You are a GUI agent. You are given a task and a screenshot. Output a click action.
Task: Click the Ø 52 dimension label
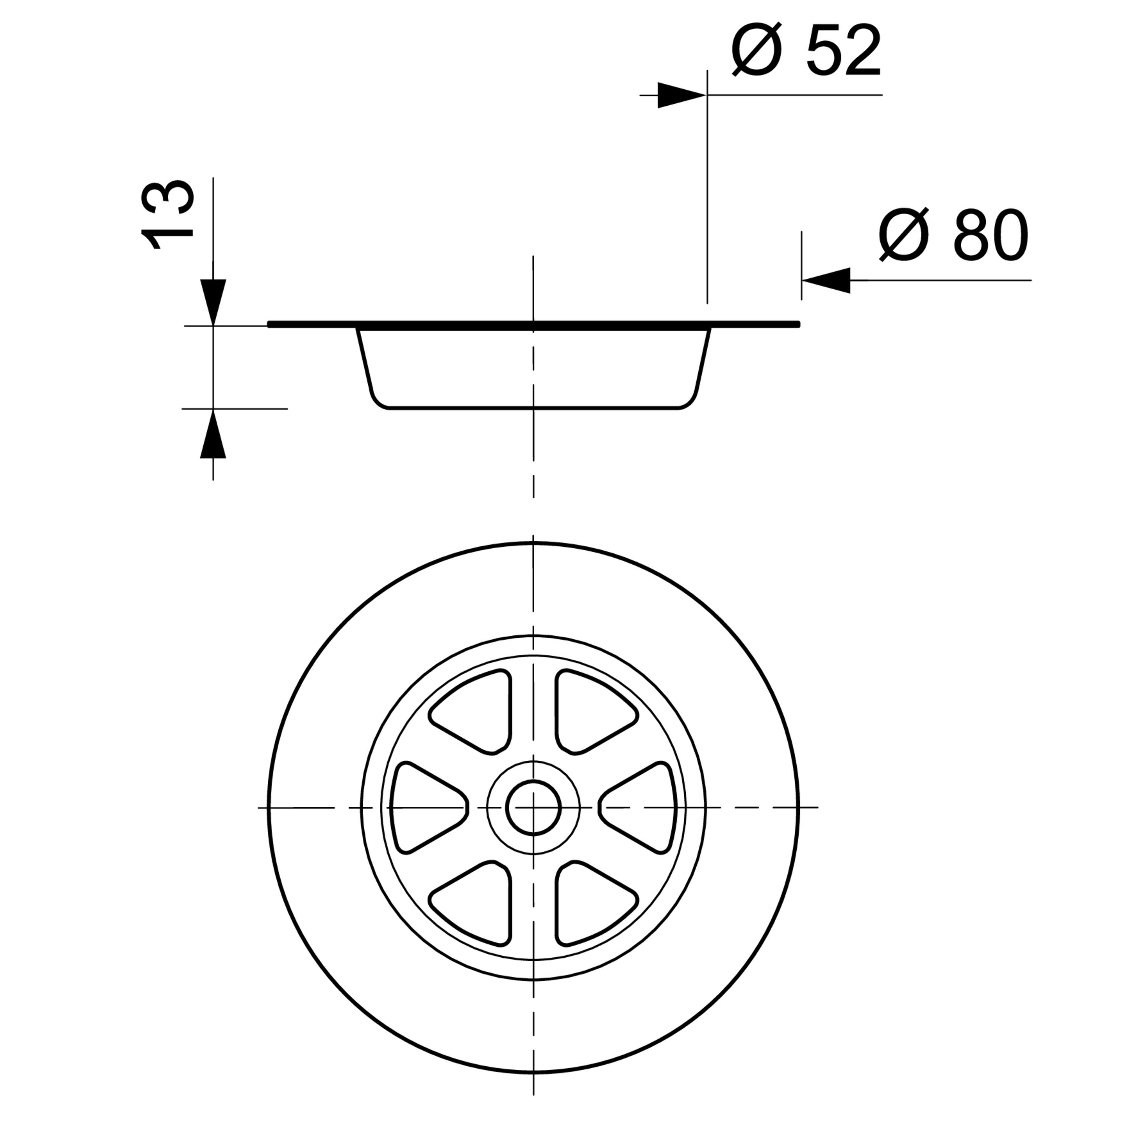pyautogui.click(x=806, y=51)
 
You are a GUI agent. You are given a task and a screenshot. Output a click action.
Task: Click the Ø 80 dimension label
pyautogui.click(x=954, y=235)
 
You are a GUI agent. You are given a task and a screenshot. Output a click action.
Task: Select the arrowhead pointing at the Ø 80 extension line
pyautogui.click(x=826, y=281)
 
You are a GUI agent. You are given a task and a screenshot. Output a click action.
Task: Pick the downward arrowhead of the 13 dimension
pyautogui.click(x=213, y=302)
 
